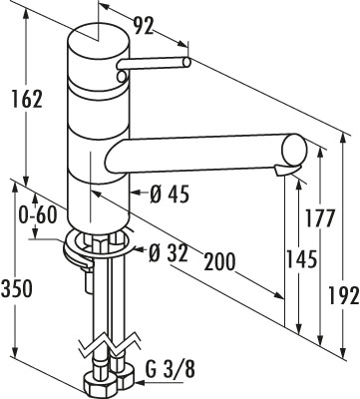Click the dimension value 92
144,26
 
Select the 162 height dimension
27,99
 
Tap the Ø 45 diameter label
170,194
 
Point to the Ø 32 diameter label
169,254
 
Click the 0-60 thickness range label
37,216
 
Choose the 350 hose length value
17,288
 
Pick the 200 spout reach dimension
219,261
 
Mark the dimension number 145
301,259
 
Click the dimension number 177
319,218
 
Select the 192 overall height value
344,295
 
